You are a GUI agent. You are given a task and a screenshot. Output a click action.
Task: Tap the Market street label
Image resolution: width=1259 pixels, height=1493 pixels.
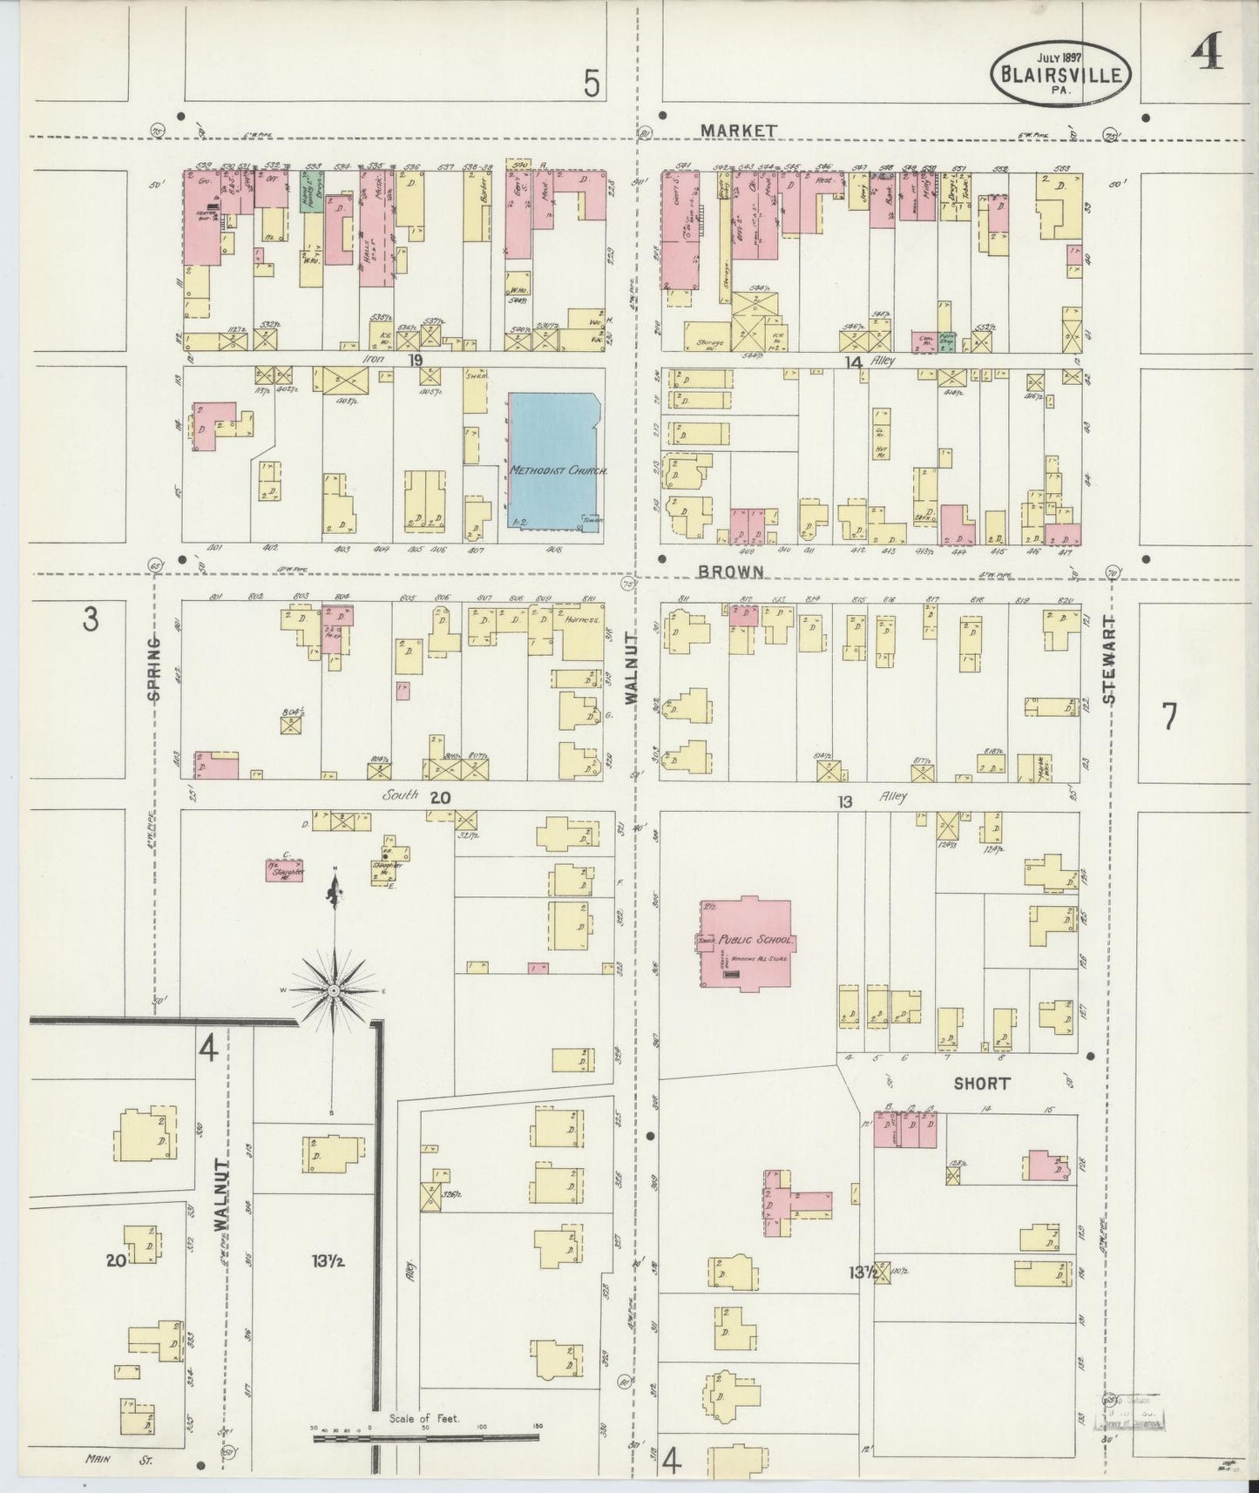point(739,130)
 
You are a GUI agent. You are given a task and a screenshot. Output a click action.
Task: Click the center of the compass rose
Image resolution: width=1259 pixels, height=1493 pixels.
point(334,991)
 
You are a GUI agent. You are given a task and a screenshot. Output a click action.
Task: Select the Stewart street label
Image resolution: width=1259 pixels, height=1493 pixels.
point(1108,659)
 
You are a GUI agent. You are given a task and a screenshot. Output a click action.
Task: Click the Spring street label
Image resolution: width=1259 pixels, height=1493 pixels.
point(154,668)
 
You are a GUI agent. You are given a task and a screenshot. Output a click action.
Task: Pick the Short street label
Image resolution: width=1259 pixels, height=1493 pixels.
point(981,1084)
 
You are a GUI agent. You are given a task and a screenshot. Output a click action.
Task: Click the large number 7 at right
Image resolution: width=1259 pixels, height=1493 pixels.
point(1168,716)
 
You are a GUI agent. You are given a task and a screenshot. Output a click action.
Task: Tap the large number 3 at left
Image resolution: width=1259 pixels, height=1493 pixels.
point(90,620)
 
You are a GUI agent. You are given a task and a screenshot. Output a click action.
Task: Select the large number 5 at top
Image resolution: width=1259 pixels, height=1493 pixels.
point(592,84)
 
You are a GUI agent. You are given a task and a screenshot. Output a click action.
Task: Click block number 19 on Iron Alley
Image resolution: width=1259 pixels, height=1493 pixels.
point(415,359)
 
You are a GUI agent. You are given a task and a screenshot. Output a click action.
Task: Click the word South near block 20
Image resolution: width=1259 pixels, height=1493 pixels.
point(402,795)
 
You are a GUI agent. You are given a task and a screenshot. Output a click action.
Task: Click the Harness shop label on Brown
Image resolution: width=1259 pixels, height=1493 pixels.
point(583,620)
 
